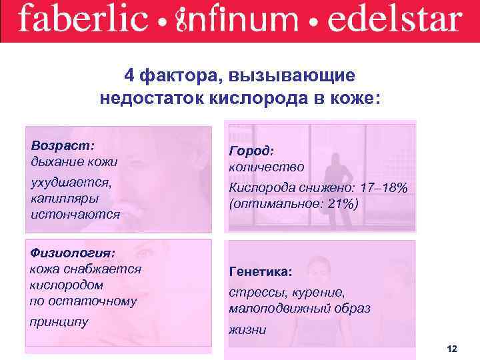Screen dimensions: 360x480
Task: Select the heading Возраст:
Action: (x=63, y=145)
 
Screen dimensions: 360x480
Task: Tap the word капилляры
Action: (x=64, y=198)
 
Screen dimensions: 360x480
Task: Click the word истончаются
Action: (x=75, y=214)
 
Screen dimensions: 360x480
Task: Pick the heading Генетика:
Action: (x=261, y=272)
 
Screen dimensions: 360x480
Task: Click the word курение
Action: (x=321, y=293)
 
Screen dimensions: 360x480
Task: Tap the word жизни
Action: (x=247, y=329)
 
